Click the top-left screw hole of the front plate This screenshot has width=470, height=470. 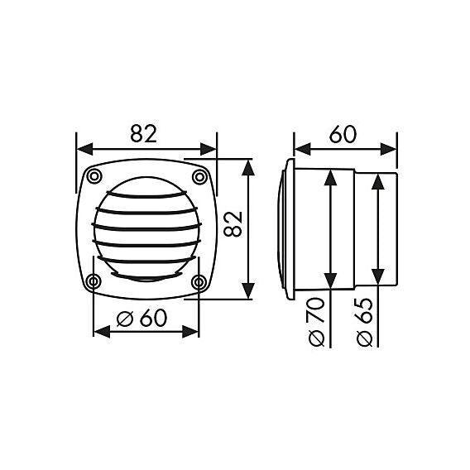[94, 175]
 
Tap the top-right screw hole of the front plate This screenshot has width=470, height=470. [199, 175]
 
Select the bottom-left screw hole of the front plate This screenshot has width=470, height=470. [94, 282]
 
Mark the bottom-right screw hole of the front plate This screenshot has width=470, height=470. [199, 282]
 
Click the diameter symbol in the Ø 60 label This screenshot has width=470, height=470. [127, 318]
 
